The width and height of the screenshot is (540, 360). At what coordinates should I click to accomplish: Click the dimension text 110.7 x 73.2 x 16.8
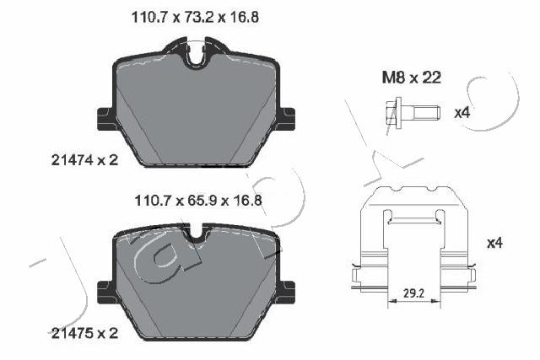pyautogui.click(x=193, y=15)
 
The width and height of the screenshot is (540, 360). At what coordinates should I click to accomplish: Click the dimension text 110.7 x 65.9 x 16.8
pyautogui.click(x=193, y=201)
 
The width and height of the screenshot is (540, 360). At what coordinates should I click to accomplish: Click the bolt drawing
pyautogui.click(x=411, y=111)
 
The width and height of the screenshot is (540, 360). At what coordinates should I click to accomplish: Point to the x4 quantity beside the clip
pyautogui.click(x=494, y=244)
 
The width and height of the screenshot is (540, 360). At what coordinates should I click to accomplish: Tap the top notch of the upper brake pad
pyautogui.click(x=197, y=58)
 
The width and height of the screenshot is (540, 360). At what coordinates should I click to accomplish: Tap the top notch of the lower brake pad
pyautogui.click(x=197, y=235)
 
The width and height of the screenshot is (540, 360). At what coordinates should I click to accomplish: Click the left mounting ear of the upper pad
pyautogui.click(x=105, y=119)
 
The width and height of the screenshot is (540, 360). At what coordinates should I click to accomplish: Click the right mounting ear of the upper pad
pyautogui.click(x=287, y=119)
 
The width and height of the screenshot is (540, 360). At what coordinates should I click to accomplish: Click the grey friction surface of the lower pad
pyautogui.click(x=196, y=287)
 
